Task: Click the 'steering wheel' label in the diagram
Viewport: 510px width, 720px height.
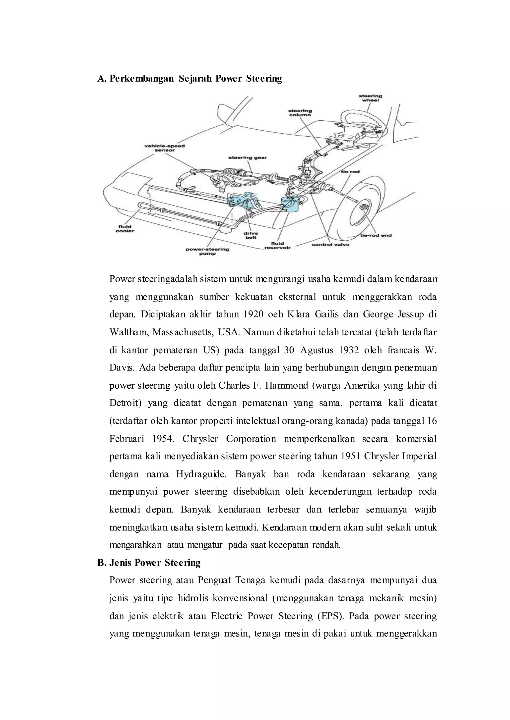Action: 370,98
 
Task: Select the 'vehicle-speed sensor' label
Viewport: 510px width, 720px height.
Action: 164,148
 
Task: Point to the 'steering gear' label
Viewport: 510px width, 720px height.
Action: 248,157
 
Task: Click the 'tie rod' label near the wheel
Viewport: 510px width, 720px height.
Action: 350,172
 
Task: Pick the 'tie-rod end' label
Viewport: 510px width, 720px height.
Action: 376,235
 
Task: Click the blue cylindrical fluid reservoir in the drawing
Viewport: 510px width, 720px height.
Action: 291,205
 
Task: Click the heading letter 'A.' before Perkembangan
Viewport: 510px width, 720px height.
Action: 102,78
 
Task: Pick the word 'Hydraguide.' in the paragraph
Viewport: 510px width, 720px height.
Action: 201,474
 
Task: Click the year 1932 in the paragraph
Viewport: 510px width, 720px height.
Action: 349,350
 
